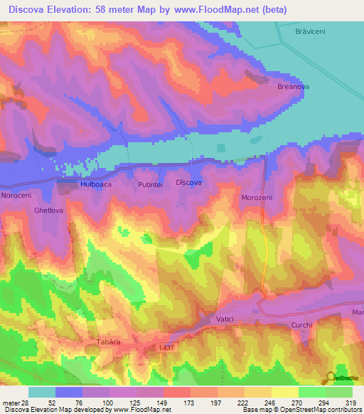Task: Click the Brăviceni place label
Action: tap(309, 32)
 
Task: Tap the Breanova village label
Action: tap(293, 87)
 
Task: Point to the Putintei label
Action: tap(150, 184)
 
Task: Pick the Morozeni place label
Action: tap(257, 197)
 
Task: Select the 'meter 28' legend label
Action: tap(14, 402)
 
